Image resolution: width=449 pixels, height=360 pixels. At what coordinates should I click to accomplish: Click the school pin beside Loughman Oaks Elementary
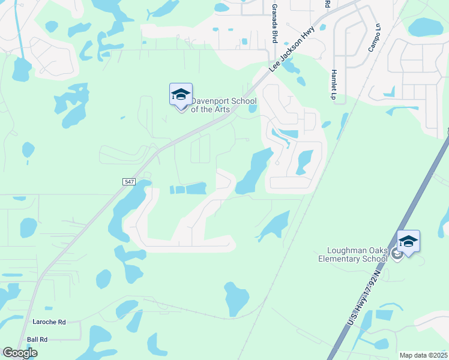pos(408,242)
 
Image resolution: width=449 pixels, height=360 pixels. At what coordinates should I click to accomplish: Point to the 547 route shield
pos(129,181)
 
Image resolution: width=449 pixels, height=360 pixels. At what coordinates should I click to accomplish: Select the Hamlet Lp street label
pos(333,83)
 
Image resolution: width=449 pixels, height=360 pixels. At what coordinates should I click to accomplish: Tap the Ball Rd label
pos(37,339)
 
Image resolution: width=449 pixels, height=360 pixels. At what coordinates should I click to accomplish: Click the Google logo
pos(20,353)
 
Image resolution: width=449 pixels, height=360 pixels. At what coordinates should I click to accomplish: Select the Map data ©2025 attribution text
pos(423,355)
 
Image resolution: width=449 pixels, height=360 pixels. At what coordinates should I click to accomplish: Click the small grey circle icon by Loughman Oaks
pos(396,254)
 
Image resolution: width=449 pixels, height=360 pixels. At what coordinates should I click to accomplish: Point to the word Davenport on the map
pos(210,101)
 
